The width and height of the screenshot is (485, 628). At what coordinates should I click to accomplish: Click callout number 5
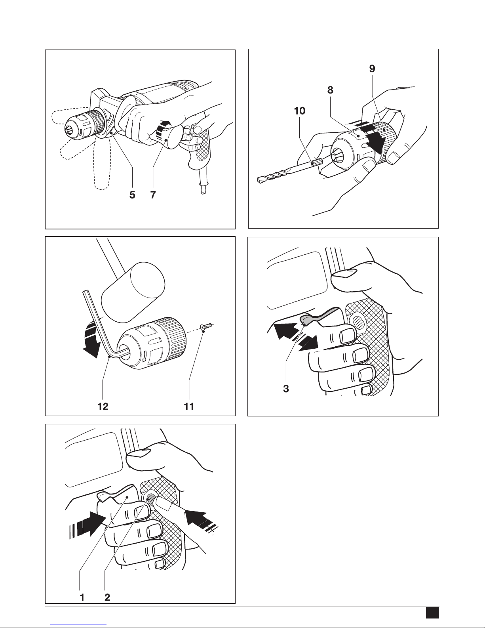[133, 195]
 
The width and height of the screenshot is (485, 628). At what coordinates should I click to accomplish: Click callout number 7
[152, 195]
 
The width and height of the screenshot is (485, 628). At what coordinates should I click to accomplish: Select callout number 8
[330, 90]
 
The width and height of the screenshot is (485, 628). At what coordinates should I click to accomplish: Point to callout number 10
[300, 111]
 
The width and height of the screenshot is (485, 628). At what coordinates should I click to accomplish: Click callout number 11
[189, 407]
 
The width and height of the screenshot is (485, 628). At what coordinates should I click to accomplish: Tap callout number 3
[286, 389]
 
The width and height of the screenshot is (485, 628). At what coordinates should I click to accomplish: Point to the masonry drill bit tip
[259, 179]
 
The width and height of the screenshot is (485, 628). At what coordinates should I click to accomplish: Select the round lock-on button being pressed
[151, 499]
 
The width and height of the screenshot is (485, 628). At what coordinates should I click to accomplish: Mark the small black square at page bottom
[432, 613]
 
